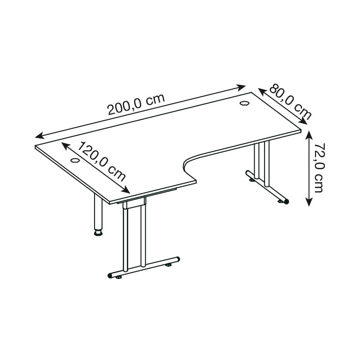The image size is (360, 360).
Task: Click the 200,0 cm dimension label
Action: (x=136, y=104)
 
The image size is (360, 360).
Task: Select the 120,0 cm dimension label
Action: (x=101, y=162)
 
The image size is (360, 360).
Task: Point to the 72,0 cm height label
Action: (x=319, y=167)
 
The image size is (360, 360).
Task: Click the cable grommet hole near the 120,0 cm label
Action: (x=75, y=160)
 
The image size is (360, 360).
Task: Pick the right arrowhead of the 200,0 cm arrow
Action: (x=241, y=87)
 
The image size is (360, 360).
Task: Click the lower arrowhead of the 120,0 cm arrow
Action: (x=126, y=190)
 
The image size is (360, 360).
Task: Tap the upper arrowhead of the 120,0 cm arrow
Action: (x=65, y=146)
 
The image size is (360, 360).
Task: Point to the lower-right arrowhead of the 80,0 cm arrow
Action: (x=303, y=121)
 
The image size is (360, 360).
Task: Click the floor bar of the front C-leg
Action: (x=144, y=267)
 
